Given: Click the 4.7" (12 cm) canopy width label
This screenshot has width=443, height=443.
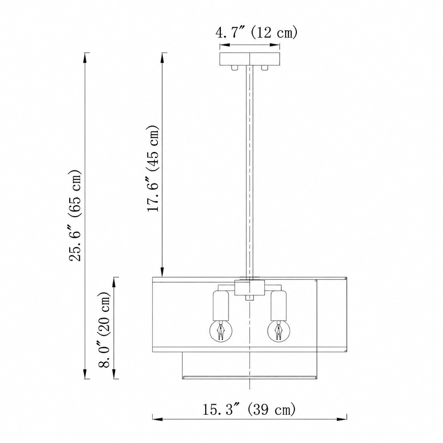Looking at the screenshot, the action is (256, 33).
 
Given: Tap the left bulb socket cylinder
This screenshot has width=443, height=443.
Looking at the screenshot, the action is (221, 306).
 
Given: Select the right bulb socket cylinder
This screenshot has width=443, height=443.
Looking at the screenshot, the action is (279, 306).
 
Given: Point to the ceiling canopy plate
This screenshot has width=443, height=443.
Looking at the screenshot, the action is (250, 59).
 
